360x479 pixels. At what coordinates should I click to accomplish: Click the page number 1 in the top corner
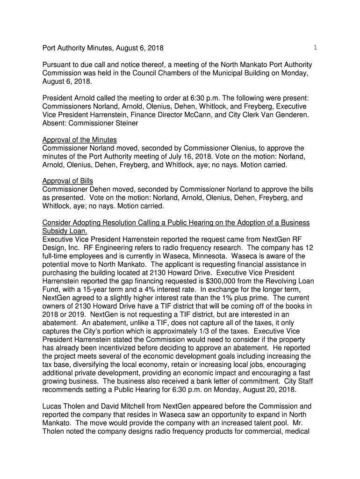[316, 47]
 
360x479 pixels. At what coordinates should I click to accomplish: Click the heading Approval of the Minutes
[79, 140]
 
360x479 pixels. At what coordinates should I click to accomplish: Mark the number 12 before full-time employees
[309, 248]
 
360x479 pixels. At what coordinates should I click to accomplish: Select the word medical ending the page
[296, 430]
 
